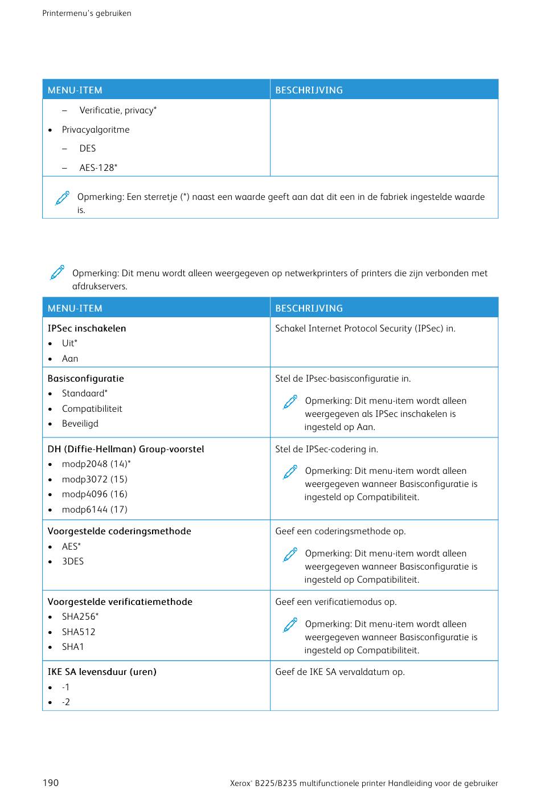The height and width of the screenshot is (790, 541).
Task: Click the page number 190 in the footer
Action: coord(51,783)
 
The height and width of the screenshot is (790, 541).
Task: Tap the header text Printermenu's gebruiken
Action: coord(87,13)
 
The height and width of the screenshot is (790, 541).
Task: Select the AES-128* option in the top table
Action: coord(99,167)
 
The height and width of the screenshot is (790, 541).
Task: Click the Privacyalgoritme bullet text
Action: coord(96,129)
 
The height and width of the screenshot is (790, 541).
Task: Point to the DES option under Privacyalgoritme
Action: coord(88,148)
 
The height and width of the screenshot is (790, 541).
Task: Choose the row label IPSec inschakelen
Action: coord(87,328)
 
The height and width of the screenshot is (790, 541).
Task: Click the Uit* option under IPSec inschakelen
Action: coord(69,343)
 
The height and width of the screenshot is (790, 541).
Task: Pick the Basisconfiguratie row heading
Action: coord(85,378)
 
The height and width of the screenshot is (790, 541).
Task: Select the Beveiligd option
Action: coord(80,423)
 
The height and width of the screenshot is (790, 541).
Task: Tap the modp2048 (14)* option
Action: coord(96,464)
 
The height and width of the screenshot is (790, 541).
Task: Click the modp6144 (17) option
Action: coord(95,509)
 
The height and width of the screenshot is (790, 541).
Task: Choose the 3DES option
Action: coord(73,561)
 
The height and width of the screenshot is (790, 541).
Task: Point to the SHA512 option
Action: coord(79,632)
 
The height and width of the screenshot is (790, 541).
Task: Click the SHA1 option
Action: coord(73,646)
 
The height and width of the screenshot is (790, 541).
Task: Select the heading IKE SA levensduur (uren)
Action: coord(102,672)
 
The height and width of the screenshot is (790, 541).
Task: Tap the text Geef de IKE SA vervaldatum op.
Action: coord(340,672)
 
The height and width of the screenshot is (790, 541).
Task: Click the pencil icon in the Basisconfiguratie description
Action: coord(290,402)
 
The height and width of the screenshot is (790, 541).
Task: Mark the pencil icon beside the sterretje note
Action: coord(63,198)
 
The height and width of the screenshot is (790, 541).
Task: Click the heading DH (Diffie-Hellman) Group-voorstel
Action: coord(125,449)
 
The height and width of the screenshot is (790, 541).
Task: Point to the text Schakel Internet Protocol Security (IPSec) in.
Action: coord(365,328)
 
